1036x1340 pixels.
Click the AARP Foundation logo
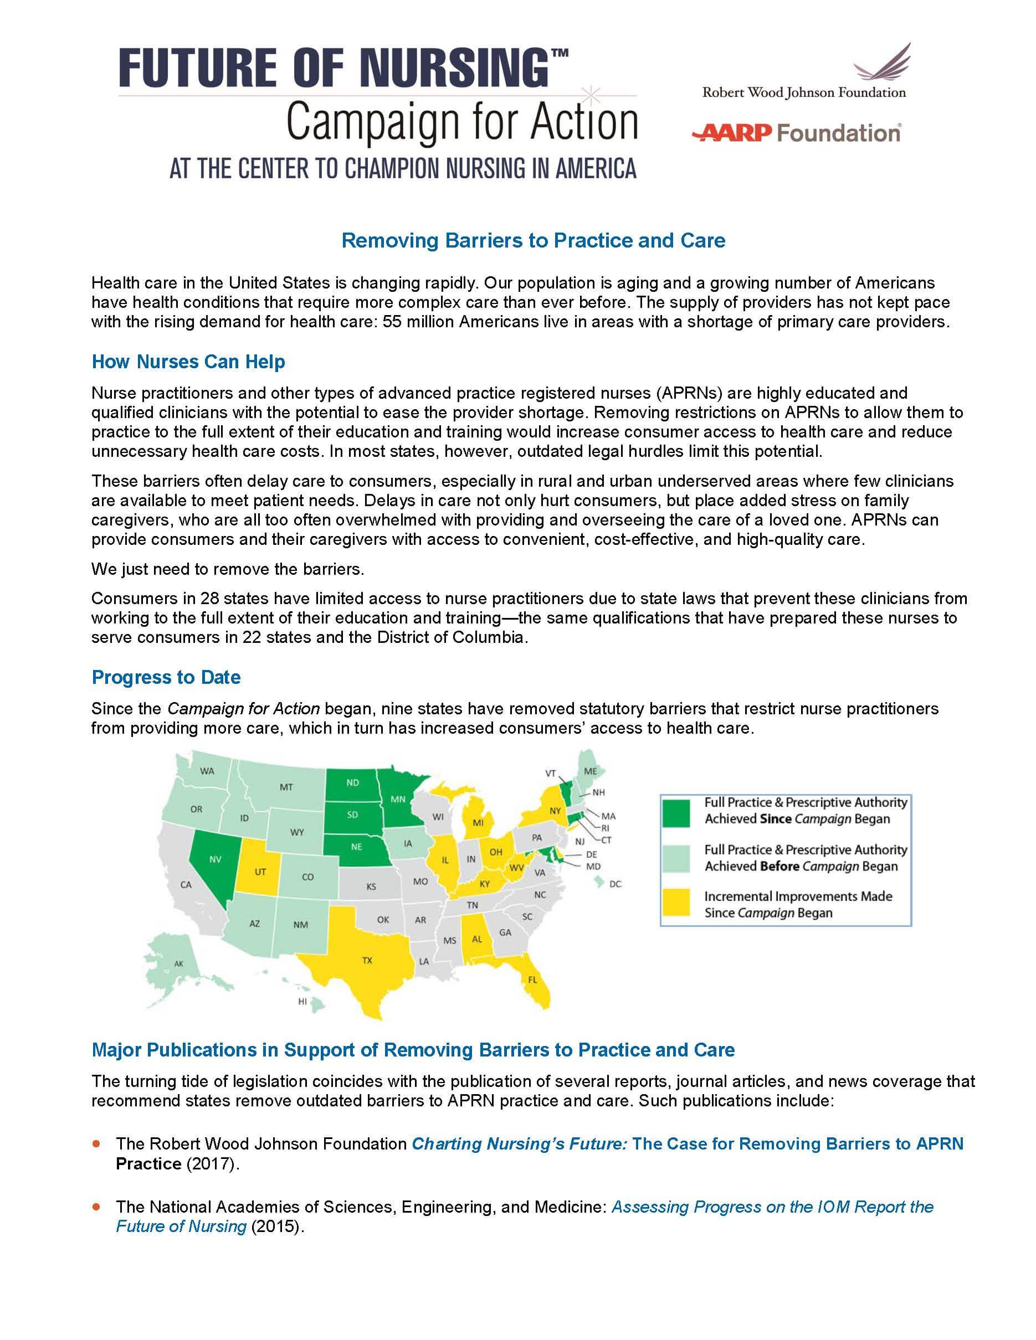tap(796, 132)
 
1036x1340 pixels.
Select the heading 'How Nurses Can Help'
tap(188, 362)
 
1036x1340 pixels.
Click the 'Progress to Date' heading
tap(166, 677)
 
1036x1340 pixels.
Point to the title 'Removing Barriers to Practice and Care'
tap(533, 240)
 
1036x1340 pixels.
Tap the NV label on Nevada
tap(215, 859)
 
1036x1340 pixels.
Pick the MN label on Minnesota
tap(398, 800)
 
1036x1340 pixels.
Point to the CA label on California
tap(186, 885)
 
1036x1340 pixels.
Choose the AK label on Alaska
tap(178, 964)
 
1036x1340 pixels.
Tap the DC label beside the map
tap(616, 884)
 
